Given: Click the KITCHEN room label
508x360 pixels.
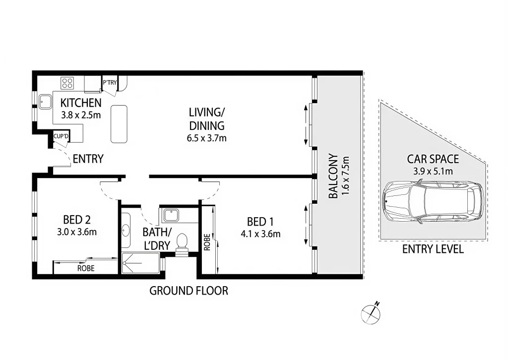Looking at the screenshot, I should [x=81, y=103].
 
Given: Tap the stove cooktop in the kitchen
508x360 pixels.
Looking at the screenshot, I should [x=67, y=83].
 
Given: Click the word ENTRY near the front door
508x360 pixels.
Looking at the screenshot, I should [x=88, y=159].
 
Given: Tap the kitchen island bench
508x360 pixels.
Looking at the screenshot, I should [x=118, y=124].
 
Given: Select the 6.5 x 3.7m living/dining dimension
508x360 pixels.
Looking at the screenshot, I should [x=203, y=138].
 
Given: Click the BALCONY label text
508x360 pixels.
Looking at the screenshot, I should [x=333, y=176].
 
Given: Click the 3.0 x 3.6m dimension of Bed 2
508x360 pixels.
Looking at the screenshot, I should [x=76, y=231].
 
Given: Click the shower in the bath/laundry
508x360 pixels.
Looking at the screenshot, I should [x=141, y=263].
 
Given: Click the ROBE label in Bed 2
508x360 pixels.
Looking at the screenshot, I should [x=85, y=268].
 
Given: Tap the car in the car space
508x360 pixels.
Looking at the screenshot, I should [x=433, y=202].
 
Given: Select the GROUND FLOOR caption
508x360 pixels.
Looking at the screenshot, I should [x=189, y=291].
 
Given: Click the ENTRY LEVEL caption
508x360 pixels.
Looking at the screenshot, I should [x=433, y=249].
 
